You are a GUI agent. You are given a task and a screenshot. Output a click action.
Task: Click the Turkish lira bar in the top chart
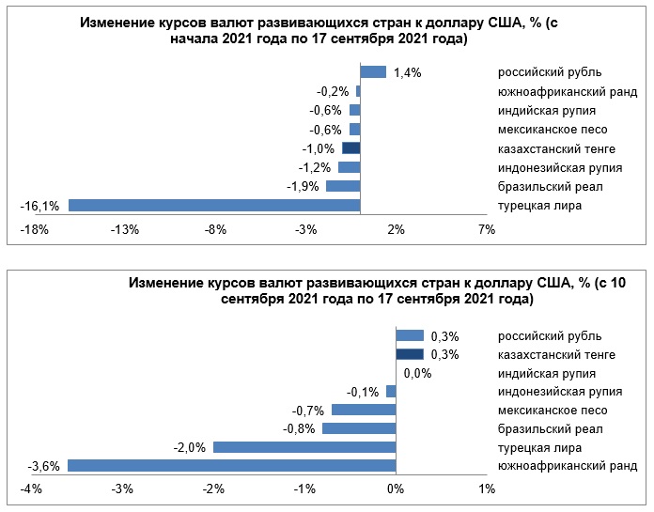[x=214, y=206]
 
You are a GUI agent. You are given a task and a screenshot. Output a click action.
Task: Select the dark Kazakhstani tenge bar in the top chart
[x=351, y=148]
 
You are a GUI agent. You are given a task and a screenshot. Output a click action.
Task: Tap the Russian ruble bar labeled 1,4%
[x=373, y=71]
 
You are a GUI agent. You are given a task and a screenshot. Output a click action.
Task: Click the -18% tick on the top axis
[x=34, y=229]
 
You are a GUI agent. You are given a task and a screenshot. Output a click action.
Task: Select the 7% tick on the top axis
[x=487, y=229]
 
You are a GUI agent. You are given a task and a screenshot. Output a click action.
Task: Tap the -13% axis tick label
[x=125, y=229]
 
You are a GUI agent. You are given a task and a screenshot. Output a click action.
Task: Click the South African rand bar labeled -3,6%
[x=231, y=465]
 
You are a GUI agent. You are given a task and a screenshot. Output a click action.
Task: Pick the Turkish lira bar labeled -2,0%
[x=304, y=447]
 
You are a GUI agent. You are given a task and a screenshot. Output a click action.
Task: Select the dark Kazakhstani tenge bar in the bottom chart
[x=410, y=354]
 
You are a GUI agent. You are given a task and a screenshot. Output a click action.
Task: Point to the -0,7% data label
[x=308, y=410]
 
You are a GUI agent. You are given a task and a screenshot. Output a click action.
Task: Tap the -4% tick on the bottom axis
[x=31, y=489]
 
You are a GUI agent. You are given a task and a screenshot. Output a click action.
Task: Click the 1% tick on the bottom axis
[x=487, y=489]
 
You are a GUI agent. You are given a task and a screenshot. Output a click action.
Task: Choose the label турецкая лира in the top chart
[x=540, y=206]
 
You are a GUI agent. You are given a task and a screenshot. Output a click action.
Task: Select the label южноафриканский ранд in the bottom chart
[x=568, y=466]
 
